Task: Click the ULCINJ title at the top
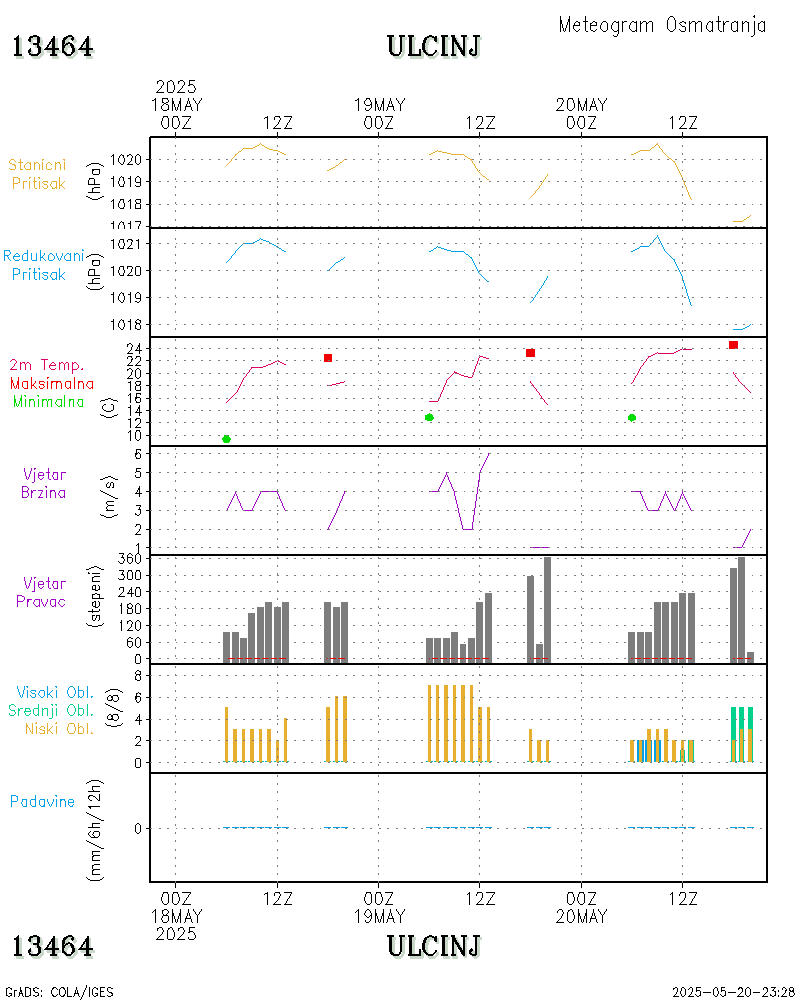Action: click(x=434, y=46)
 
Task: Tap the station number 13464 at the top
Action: click(x=52, y=46)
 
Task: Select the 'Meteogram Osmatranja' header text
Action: click(x=662, y=25)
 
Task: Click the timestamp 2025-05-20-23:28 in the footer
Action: click(x=733, y=992)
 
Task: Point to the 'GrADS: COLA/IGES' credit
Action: click(x=59, y=992)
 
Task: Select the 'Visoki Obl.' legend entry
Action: click(x=55, y=692)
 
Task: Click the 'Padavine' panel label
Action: click(x=42, y=801)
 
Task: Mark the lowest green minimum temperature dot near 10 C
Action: click(x=227, y=439)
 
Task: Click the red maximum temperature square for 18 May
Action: click(x=327, y=358)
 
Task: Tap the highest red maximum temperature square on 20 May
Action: click(x=733, y=345)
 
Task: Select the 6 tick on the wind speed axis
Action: click(x=142, y=454)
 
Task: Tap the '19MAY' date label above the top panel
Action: click(x=379, y=105)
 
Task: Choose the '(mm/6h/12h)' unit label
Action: click(x=97, y=828)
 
